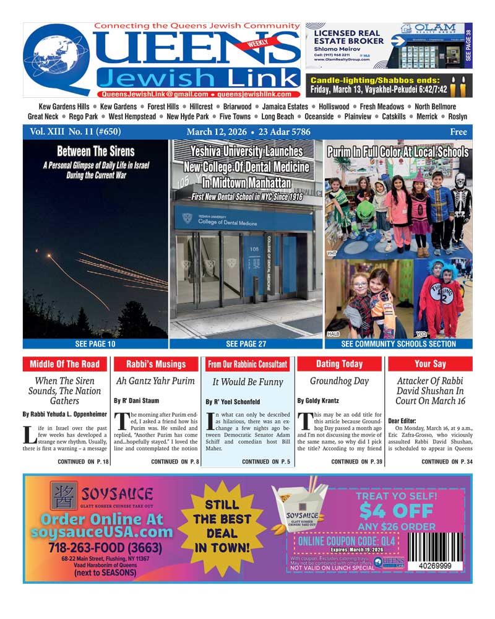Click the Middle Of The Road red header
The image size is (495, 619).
[x=64, y=364]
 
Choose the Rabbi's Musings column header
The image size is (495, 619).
[x=156, y=364]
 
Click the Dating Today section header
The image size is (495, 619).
[x=339, y=364]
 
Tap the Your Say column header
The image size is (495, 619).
[x=430, y=364]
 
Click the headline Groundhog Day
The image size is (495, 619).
[x=339, y=381]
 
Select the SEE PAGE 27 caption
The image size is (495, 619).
[x=246, y=344]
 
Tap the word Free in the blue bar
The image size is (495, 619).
[x=458, y=132]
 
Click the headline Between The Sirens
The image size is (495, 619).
[x=95, y=151]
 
